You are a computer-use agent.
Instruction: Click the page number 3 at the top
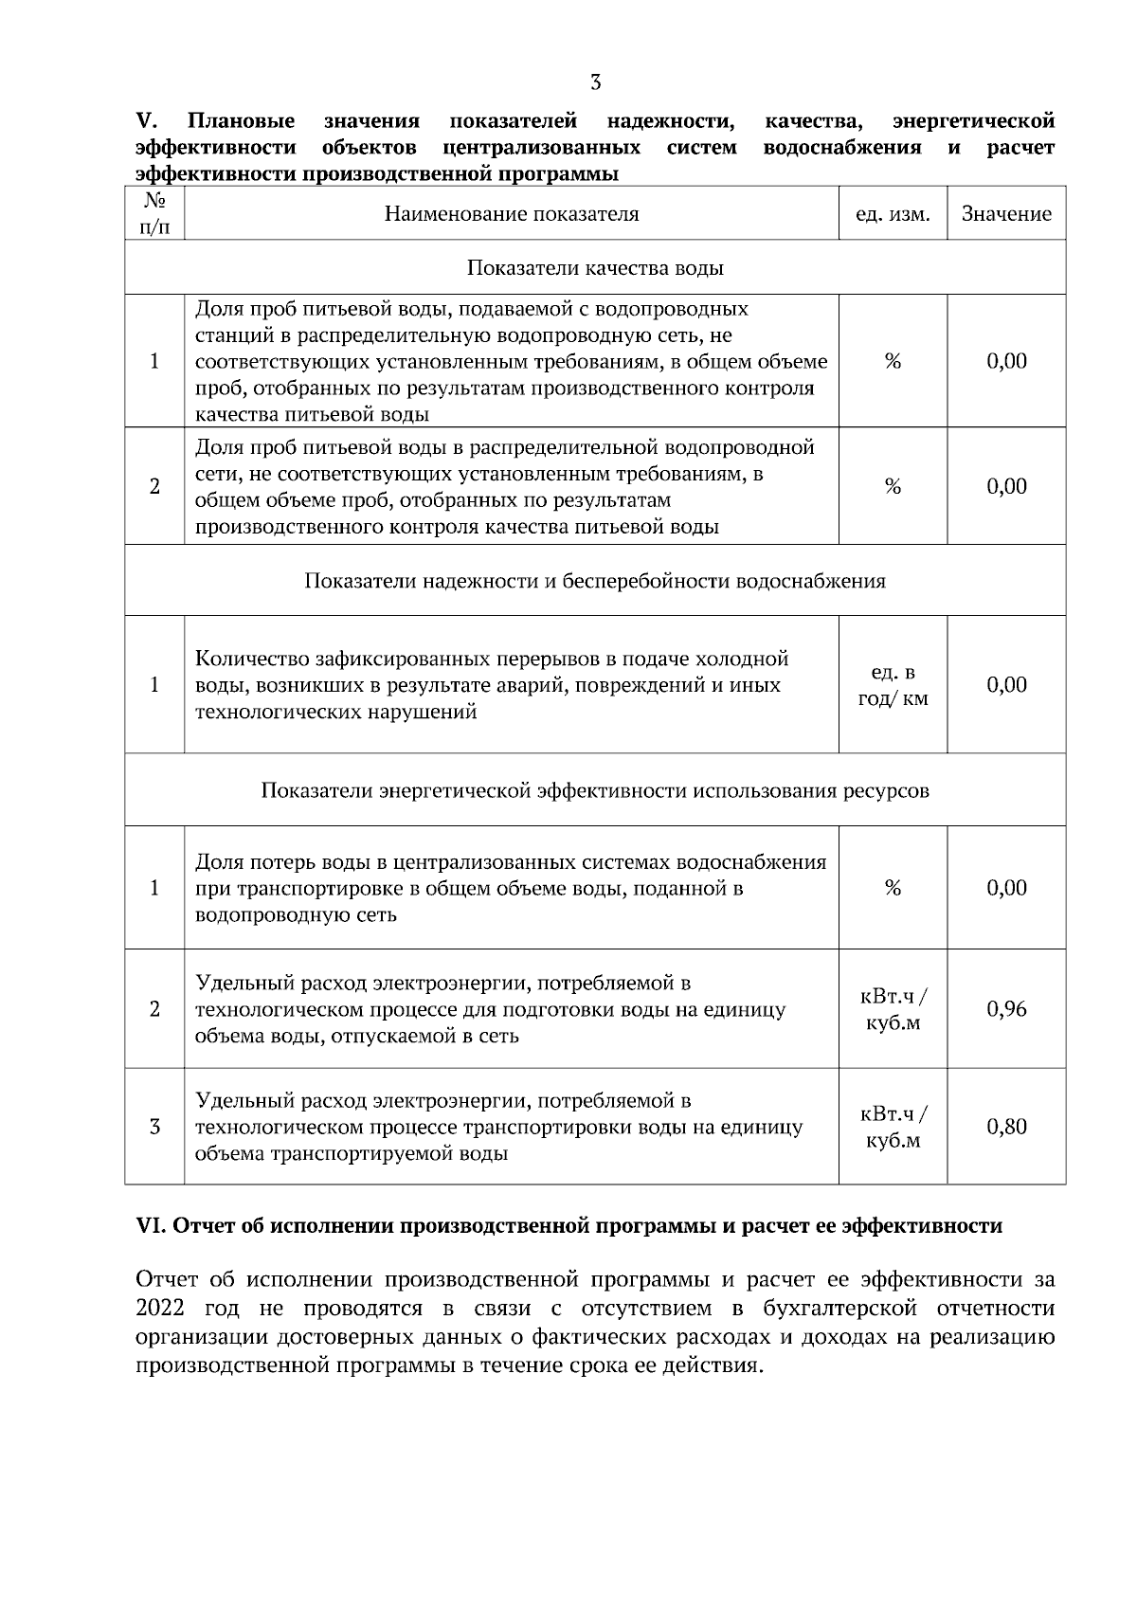[x=595, y=82]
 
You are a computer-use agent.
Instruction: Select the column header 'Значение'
[x=1006, y=214]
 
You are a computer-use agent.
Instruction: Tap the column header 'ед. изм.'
[x=892, y=214]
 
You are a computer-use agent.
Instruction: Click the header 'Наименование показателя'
[x=512, y=214]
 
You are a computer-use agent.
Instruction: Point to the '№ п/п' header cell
[x=154, y=214]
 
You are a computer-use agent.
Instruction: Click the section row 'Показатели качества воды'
[x=595, y=268]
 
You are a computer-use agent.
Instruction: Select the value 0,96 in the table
[x=1006, y=1009]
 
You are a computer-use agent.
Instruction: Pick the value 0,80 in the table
[x=1006, y=1127]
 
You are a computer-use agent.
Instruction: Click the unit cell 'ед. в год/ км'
[x=892, y=686]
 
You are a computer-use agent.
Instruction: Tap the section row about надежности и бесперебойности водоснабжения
[x=595, y=581]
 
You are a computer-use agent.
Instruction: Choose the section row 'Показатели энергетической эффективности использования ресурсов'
[x=595, y=790]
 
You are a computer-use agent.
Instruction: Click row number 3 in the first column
[x=154, y=1127]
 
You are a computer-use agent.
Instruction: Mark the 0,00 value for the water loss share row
[x=1006, y=888]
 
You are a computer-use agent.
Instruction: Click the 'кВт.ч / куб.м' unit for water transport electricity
[x=892, y=1127]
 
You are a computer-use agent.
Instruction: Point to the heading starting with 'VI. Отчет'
[x=568, y=1226]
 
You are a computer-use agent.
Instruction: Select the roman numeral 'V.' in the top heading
[x=146, y=121]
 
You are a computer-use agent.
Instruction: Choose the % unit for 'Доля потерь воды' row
[x=892, y=888]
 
